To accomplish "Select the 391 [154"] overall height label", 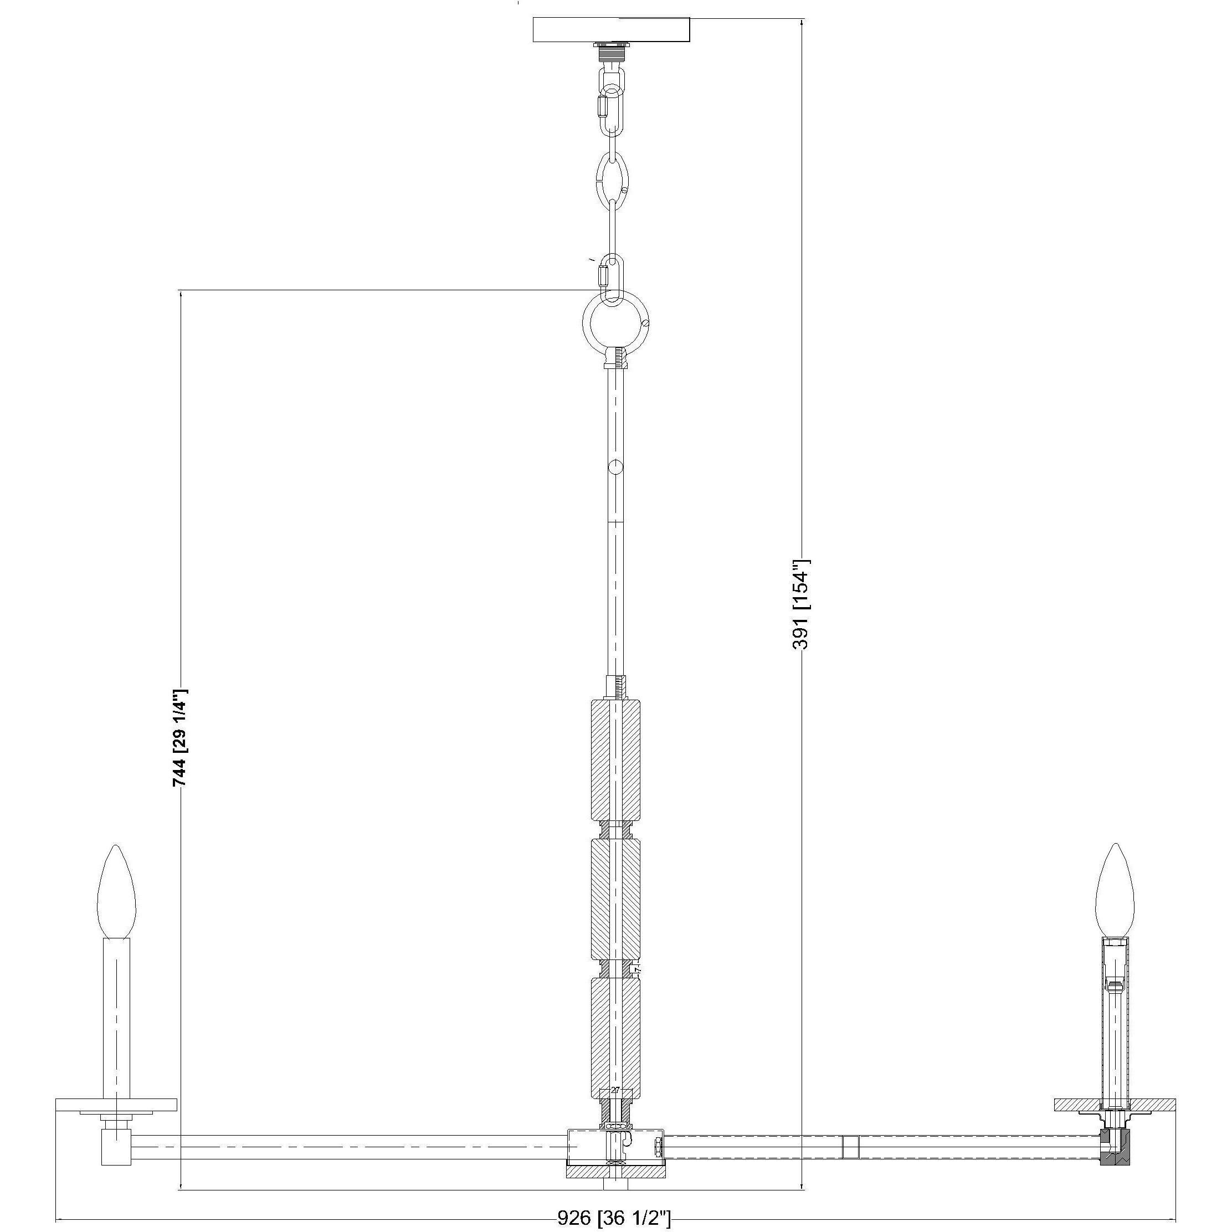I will point(801,604).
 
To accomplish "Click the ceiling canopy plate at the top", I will point(612,30).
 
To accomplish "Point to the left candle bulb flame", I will point(117,893).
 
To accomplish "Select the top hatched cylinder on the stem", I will point(615,759).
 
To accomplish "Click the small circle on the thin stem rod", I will point(615,468).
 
